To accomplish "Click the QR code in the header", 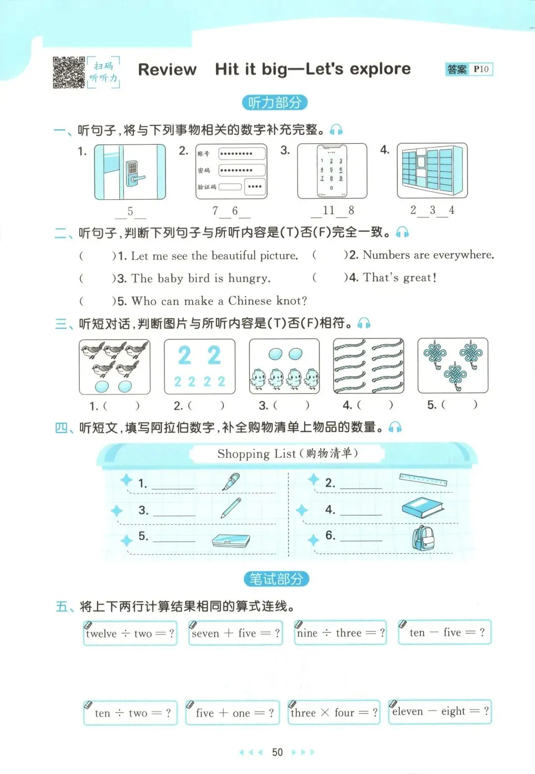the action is pyautogui.click(x=69, y=72).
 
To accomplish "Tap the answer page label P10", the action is pyautogui.click(x=481, y=69).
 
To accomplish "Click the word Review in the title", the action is pyautogui.click(x=167, y=69).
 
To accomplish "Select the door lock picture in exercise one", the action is pyautogui.click(x=130, y=172).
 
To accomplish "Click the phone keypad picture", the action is pyautogui.click(x=332, y=171).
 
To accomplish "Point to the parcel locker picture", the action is pyautogui.click(x=432, y=170).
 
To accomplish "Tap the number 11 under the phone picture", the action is pyautogui.click(x=328, y=210).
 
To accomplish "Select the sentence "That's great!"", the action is pyautogui.click(x=400, y=277).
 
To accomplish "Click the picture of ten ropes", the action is pyautogui.click(x=369, y=366).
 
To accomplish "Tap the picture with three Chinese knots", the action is pyautogui.click(x=453, y=366).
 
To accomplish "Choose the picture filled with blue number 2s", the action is pyautogui.click(x=200, y=367).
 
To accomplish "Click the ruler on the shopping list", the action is pyautogui.click(x=423, y=480).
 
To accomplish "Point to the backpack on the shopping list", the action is pyautogui.click(x=423, y=538).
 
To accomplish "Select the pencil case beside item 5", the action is pyautogui.click(x=231, y=541).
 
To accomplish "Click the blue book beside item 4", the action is pyautogui.click(x=423, y=508).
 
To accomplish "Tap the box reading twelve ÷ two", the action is pyautogui.click(x=130, y=633).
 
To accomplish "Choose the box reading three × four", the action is pyautogui.click(x=334, y=712).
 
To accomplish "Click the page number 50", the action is pyautogui.click(x=277, y=752).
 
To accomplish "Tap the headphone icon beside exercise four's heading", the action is pyautogui.click(x=395, y=428).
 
